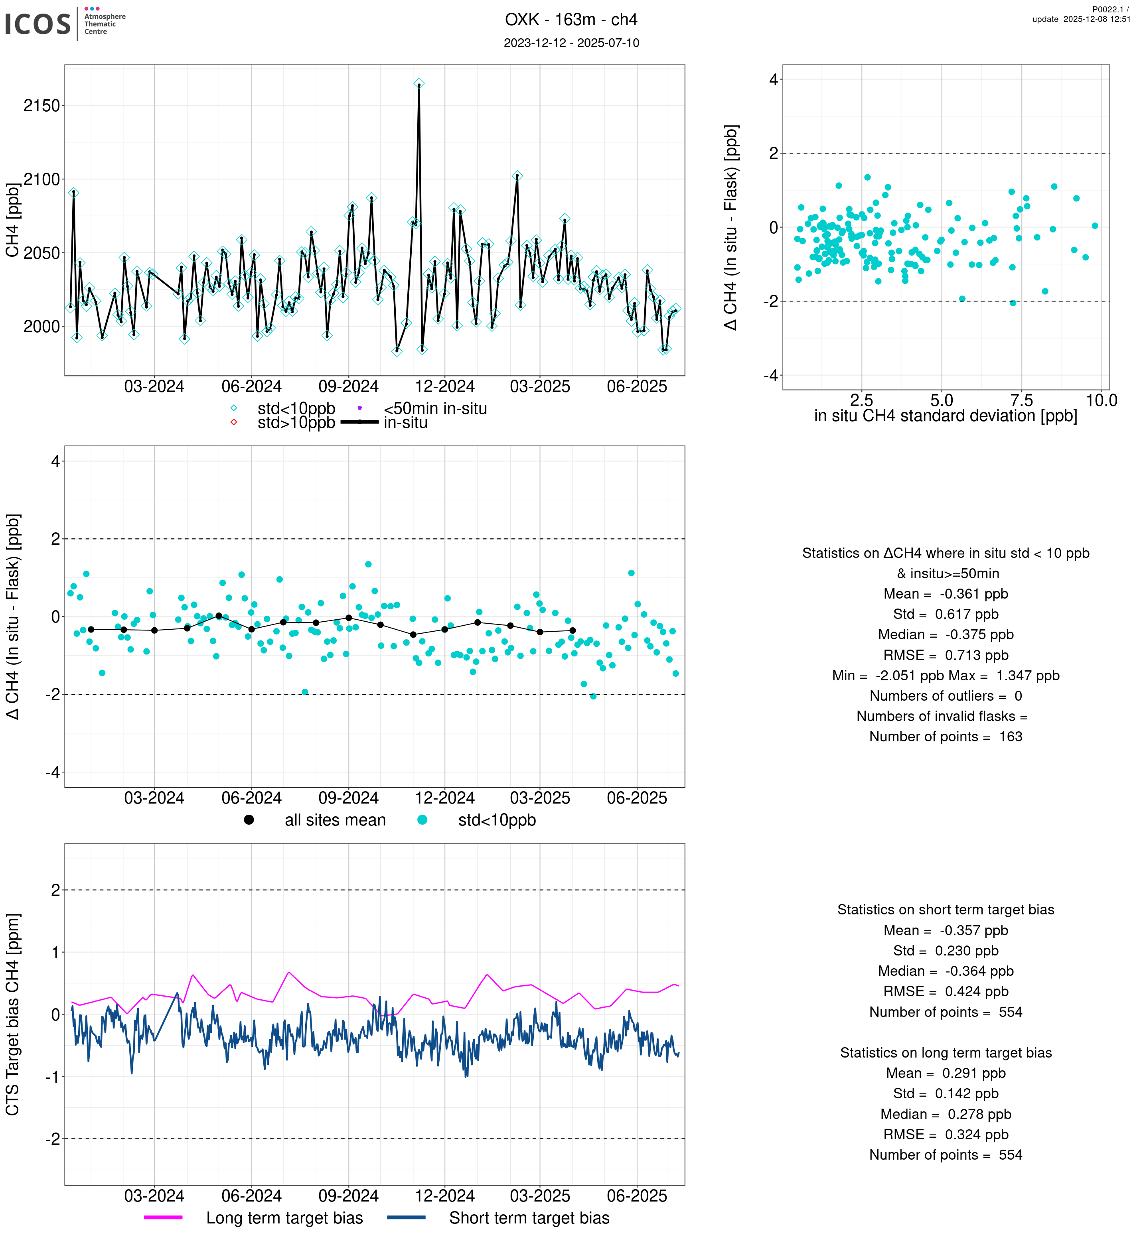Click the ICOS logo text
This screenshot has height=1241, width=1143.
pos(38,24)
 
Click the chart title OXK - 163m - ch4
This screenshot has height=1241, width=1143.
pos(571,20)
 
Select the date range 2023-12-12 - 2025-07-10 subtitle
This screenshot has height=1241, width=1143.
pos(571,43)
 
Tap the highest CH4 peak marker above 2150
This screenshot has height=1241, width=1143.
pos(419,83)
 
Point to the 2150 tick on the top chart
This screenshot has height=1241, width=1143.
pos(42,106)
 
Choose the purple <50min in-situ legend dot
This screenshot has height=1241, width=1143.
pos(359,408)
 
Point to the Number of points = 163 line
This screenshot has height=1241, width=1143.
pos(945,737)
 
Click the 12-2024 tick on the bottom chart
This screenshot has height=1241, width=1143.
pos(445,1196)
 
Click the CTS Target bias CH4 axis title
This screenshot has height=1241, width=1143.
pos(12,1014)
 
